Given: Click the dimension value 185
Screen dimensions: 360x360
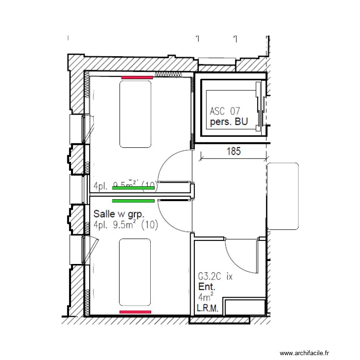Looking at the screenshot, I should pos(233,152).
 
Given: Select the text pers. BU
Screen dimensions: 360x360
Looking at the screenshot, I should pos(229,122).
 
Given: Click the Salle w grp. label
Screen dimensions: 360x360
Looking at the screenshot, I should pos(119,214).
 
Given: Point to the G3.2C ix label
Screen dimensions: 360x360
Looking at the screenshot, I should pos(215,277).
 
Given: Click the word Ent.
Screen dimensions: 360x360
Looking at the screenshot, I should pos(207,287).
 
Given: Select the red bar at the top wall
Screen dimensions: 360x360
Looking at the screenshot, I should pos(137,77).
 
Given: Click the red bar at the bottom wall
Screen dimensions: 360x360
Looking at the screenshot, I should pos(135,312).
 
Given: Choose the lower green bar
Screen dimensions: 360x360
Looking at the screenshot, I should pos(133,201).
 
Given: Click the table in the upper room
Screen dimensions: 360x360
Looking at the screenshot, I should pos(136,114).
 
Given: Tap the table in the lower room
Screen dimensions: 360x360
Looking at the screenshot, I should pos(135,272).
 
